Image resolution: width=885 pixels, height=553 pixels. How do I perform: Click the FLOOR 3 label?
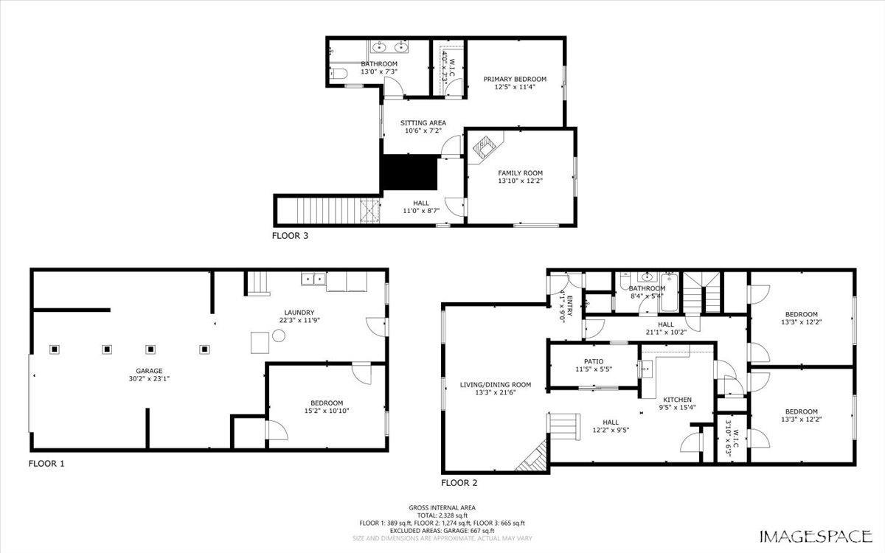290,237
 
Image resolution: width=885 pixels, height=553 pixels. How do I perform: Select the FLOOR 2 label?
459,483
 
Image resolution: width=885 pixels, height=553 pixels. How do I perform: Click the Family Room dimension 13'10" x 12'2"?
520,181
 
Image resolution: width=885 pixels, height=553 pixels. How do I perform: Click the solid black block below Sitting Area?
409,173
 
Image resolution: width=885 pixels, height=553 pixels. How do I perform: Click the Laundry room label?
299,312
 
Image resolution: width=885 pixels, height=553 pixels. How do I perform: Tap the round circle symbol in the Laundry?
279,335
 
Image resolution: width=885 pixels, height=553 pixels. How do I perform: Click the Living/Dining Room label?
496,384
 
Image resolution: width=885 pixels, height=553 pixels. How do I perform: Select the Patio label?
594,361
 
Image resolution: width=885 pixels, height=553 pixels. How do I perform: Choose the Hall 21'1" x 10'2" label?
666,324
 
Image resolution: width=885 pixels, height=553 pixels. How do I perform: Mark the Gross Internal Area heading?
442,507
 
